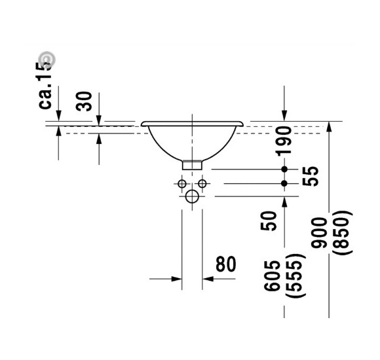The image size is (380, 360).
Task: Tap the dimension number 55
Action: pyautogui.click(x=313, y=175)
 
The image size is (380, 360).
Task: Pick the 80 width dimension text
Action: pyautogui.click(x=225, y=264)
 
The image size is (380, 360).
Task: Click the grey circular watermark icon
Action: pyautogui.click(x=48, y=60)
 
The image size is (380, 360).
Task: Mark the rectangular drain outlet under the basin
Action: pyautogui.click(x=191, y=164)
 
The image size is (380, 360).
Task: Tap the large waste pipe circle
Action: pyautogui.click(x=192, y=196)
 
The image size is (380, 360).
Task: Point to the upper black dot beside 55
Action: pyautogui.click(x=284, y=170)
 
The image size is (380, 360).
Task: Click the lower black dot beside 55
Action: pyautogui.click(x=284, y=183)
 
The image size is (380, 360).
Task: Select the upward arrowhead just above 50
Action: pyautogui.click(x=284, y=202)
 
